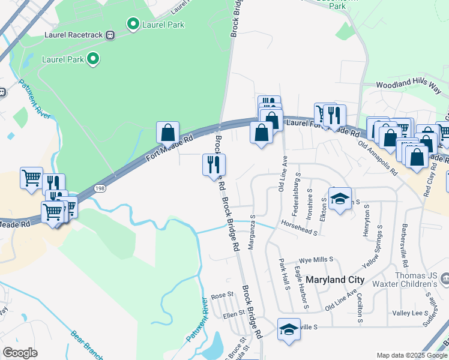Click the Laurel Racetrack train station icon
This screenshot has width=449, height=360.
(110, 35)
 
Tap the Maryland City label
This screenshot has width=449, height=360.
(335, 280)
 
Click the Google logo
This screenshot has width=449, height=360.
(20, 353)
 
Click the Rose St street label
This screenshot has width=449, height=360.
(221, 296)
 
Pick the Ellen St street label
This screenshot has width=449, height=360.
(234, 313)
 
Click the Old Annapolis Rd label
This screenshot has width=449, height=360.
(378, 158)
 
